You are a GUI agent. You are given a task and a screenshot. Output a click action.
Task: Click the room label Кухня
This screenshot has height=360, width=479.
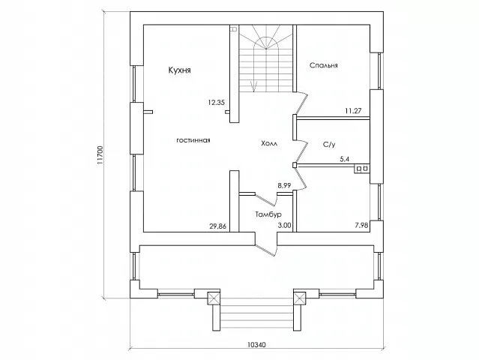coord(180,70)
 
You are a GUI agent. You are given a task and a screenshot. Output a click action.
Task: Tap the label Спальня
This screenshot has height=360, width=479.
coord(324,65)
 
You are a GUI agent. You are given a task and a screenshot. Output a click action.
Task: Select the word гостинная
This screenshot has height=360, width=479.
coord(193,140)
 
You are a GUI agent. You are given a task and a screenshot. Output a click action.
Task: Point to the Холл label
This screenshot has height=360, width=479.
coord(269,143)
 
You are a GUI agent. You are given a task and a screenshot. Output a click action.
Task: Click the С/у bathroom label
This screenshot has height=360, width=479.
coord(329,145)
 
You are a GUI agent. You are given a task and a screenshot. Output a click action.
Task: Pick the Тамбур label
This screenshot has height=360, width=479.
coord(268,214)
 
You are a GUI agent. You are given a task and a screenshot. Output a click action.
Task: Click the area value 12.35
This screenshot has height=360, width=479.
coord(217,103)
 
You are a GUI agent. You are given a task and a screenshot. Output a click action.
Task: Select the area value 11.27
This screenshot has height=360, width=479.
coord(353,111)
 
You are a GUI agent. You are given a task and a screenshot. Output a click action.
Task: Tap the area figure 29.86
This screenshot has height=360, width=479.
coord(218,226)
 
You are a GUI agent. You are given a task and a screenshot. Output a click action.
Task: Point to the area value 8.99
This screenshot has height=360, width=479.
coord(284,185)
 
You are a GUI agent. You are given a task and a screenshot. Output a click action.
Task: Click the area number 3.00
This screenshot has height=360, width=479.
coord(284,226)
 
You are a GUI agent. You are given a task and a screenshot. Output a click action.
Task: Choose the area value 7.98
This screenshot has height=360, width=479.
coord(361,226)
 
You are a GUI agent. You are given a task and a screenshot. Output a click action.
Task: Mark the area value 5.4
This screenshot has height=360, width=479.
coord(345,159)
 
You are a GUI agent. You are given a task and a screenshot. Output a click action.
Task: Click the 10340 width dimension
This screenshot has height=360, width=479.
coord(256,345)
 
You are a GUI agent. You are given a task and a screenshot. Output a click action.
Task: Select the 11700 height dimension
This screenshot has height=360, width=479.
coord(100,155)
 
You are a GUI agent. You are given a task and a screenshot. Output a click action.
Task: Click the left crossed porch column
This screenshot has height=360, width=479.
coord(214,298)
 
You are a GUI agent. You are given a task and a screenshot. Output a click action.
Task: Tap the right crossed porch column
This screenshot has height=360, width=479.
coord(300,298)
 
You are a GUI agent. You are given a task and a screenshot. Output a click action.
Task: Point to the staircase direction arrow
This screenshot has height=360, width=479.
coord(253,86)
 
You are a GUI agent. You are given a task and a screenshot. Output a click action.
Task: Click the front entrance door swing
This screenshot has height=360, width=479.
coord(266,249)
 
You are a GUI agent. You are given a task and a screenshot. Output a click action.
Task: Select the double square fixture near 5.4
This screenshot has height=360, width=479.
coord(362,169)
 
